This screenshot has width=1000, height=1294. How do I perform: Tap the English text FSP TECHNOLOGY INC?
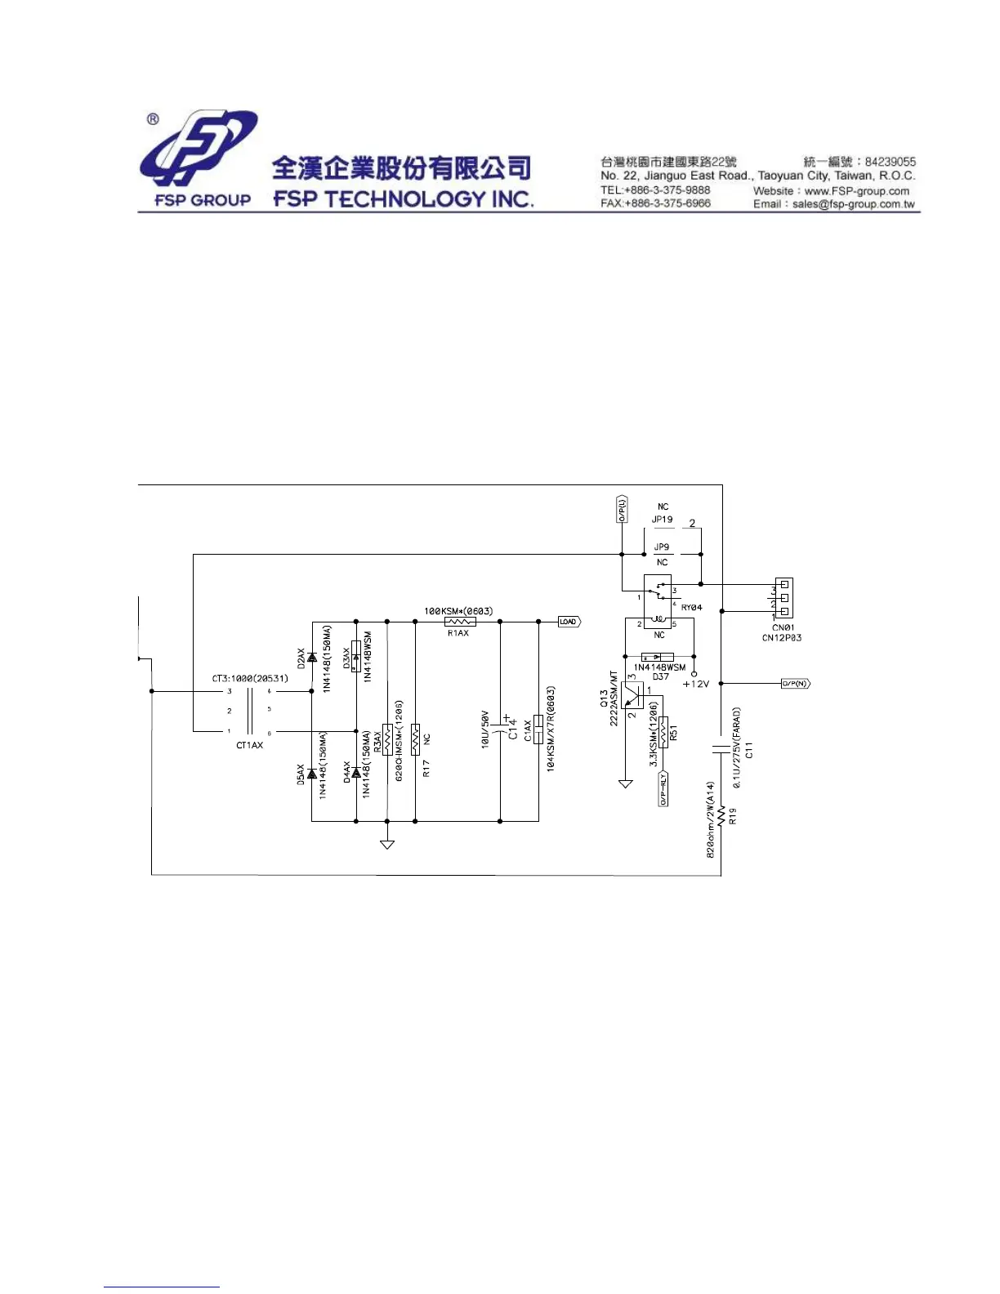point(404,199)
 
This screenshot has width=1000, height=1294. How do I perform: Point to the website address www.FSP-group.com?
point(856,191)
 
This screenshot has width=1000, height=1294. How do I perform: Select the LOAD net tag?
point(569,622)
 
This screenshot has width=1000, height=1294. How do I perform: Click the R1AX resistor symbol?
point(460,622)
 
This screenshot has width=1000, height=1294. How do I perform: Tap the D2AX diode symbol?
point(312,657)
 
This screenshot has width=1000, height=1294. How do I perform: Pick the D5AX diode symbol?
point(312,774)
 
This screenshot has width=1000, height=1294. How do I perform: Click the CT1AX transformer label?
point(249,745)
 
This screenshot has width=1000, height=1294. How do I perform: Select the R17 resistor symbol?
point(416,739)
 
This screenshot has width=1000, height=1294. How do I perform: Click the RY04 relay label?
point(691,608)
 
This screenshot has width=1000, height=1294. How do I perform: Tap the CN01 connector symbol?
point(783,598)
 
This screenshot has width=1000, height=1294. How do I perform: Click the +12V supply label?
point(696,685)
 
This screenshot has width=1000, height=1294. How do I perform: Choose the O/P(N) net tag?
point(795,684)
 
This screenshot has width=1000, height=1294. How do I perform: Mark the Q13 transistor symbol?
point(632,694)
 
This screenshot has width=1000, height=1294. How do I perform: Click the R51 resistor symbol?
point(663,732)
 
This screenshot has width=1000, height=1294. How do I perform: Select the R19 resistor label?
point(733,816)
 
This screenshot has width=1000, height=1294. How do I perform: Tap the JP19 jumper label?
point(662,520)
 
